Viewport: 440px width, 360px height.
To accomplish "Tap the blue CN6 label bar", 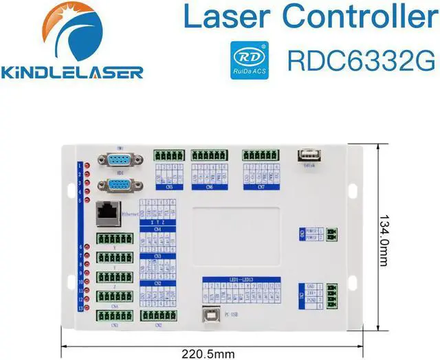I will pyautogui.click(x=210, y=185).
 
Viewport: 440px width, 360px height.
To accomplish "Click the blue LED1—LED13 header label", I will pyautogui.click(x=241, y=279).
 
